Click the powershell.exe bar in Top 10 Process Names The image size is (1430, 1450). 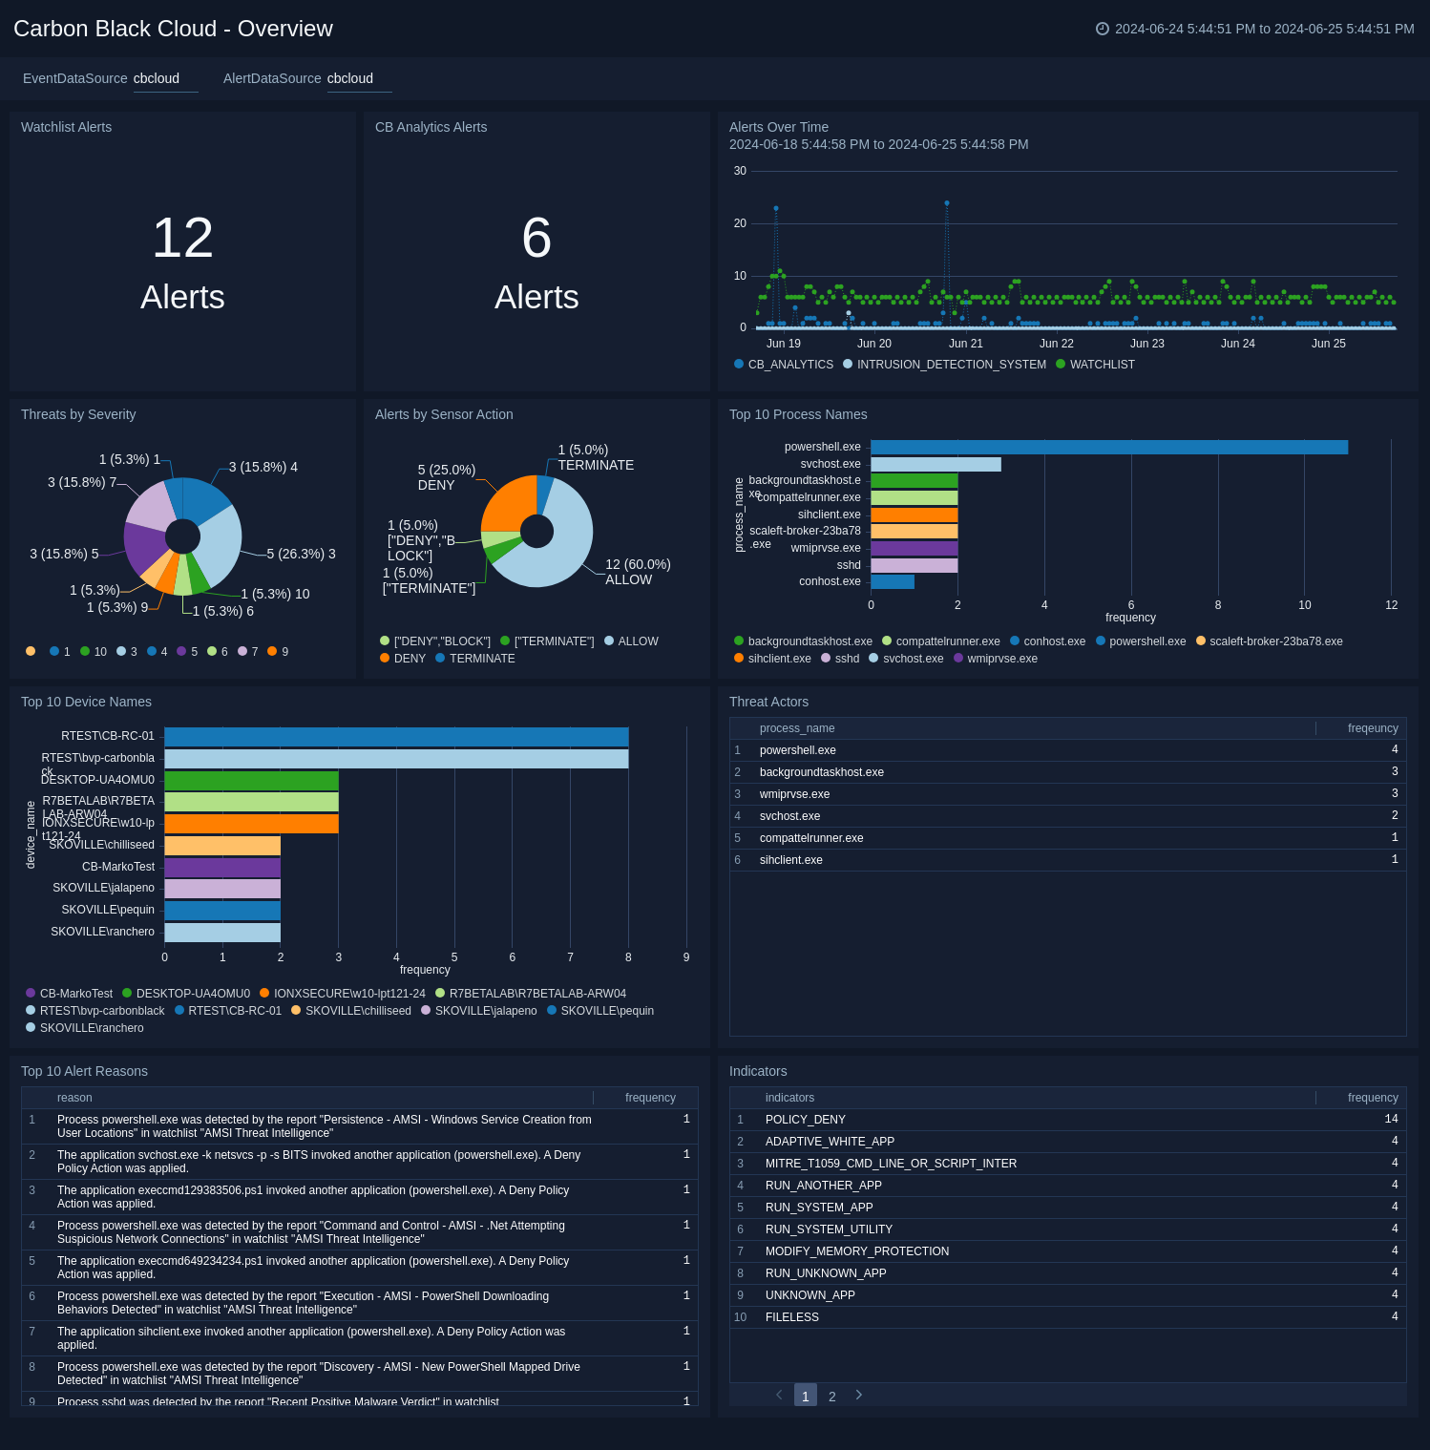point(1107,447)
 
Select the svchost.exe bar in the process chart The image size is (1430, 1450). point(936,464)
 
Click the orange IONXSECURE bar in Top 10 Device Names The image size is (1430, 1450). point(251,823)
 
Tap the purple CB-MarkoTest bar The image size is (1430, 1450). point(222,867)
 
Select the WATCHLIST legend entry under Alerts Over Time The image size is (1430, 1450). point(1102,365)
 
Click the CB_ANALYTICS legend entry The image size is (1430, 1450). point(789,365)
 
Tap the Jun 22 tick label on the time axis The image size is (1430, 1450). point(1056,344)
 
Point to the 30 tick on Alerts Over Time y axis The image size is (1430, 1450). point(740,171)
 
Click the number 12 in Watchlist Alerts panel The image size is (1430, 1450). point(182,238)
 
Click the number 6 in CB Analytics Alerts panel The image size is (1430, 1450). point(536,238)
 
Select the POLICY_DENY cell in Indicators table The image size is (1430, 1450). point(805,1119)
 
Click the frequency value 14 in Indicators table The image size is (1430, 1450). point(1391,1119)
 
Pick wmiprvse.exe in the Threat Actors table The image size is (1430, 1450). point(794,794)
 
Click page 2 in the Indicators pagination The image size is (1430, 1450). point(832,1396)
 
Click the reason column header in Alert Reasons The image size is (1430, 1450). point(74,1098)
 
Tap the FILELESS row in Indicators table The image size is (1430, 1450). point(792,1317)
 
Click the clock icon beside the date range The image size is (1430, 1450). point(1103,29)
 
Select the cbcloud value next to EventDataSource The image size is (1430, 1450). point(157,78)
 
